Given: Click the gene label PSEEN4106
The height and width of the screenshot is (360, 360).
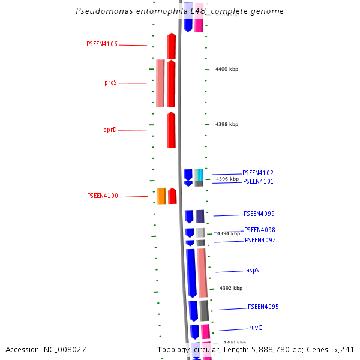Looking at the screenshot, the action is [102, 44].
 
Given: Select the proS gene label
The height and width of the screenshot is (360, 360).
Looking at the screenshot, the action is [110, 83].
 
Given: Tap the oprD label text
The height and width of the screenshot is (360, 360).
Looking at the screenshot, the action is [110, 130].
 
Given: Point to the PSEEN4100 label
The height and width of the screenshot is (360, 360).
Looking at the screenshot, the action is [103, 196].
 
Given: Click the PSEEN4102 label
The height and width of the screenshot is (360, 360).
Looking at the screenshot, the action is [258, 173].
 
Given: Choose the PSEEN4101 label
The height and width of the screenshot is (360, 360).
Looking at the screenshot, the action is [258, 181].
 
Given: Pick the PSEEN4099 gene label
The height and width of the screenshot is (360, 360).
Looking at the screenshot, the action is [259, 214].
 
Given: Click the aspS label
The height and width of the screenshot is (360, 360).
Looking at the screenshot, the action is [253, 271].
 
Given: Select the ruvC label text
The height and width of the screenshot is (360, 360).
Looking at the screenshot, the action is [256, 328].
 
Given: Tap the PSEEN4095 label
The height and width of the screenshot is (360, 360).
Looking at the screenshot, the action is [263, 307].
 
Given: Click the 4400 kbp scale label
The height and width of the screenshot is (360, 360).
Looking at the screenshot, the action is [227, 70].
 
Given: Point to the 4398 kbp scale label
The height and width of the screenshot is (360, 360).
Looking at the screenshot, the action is [227, 125].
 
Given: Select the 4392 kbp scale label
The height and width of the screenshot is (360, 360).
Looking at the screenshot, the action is [231, 289].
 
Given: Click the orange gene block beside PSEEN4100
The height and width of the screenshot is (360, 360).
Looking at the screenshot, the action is [161, 196].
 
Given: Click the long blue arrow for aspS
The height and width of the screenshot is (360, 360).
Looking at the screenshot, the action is [191, 273].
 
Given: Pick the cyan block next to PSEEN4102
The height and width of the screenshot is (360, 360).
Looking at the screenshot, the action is [200, 174].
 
